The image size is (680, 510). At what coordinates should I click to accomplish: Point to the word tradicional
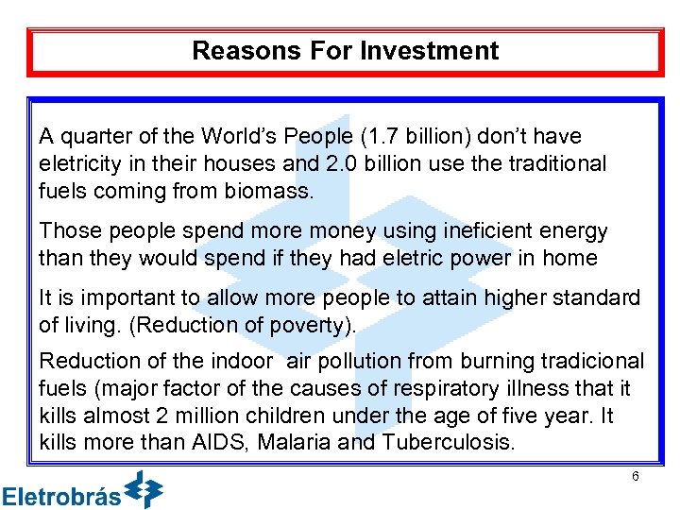(x=590, y=362)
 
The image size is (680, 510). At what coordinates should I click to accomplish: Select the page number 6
(x=636, y=477)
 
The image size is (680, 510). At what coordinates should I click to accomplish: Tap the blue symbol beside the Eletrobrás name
(x=144, y=489)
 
